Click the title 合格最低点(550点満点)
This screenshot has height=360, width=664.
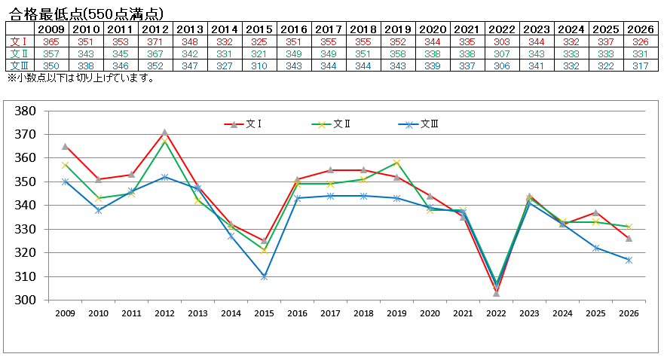tap(84, 14)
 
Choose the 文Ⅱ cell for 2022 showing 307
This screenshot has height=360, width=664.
tap(502, 53)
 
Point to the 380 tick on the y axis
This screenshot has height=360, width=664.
tap(26, 111)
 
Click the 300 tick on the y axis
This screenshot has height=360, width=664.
tap(26, 301)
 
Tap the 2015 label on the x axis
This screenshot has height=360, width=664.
tap(265, 313)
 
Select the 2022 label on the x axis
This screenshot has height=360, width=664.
tap(496, 313)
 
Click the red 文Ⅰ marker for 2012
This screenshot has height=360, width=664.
tap(164, 133)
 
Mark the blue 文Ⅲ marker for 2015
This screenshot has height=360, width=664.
tap(264, 276)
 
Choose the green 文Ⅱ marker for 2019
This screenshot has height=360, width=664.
tap(396, 163)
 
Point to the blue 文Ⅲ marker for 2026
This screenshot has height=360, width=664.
tap(629, 260)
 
